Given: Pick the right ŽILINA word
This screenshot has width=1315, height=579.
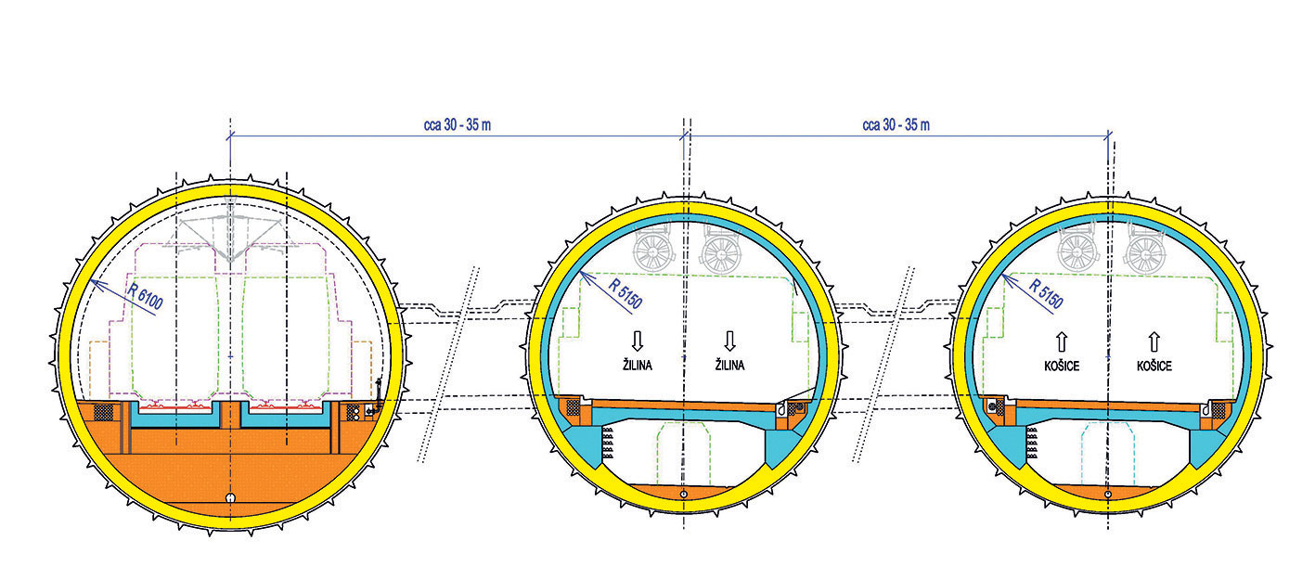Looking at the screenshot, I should pos(729,366).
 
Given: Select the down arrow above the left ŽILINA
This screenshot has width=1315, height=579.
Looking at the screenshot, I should pos(637,339).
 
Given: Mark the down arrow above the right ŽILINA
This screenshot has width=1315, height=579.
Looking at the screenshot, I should pos(730,339).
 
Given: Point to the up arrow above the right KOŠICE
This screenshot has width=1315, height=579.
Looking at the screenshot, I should pos(1154,340).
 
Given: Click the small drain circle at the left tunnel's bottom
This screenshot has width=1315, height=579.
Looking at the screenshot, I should pos(229,498).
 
